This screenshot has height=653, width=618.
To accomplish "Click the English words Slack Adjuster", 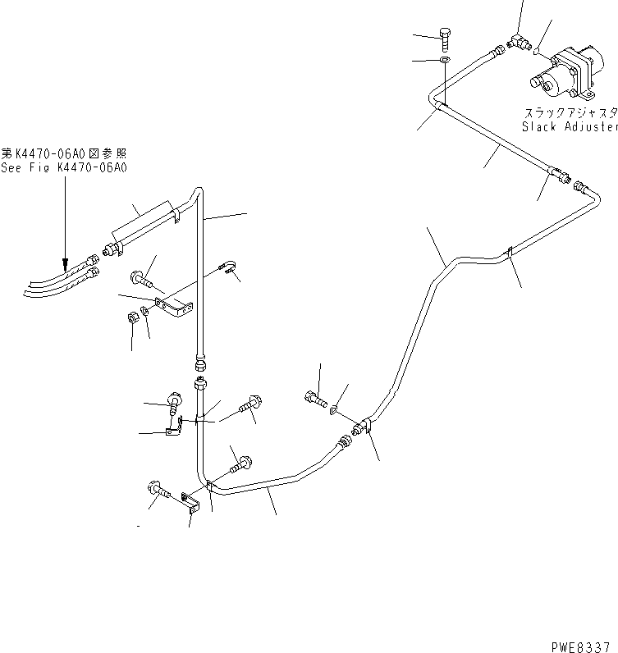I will coord(569,127).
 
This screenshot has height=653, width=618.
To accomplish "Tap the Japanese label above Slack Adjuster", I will coord(570,113).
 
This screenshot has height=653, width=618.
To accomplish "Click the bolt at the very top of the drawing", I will coord(444,38).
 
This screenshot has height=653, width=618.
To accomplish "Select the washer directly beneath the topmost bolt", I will coord(444,61).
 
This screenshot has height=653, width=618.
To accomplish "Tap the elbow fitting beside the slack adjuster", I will coord(517,41).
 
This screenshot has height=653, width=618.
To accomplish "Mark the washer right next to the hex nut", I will coord(144,311).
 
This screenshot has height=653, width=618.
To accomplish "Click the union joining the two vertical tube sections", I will coord(199,372).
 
